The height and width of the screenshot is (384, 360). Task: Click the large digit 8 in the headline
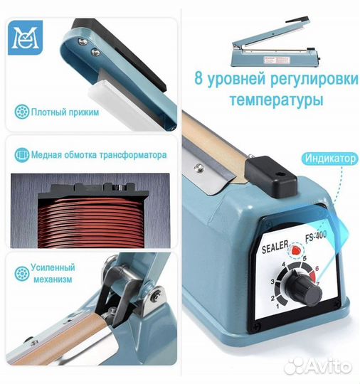(x=201, y=79)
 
